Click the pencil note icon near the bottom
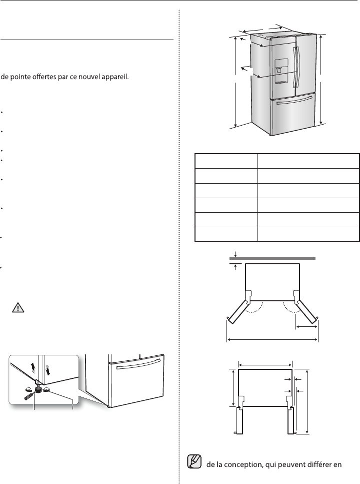click(193, 464)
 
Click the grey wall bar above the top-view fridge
click(272, 259)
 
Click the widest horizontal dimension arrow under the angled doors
click(272, 340)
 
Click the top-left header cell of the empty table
click(226, 161)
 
